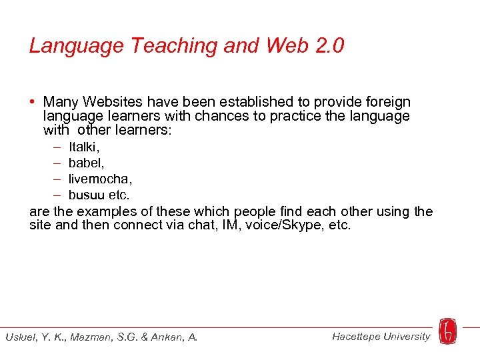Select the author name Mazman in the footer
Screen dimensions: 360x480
point(86,337)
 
